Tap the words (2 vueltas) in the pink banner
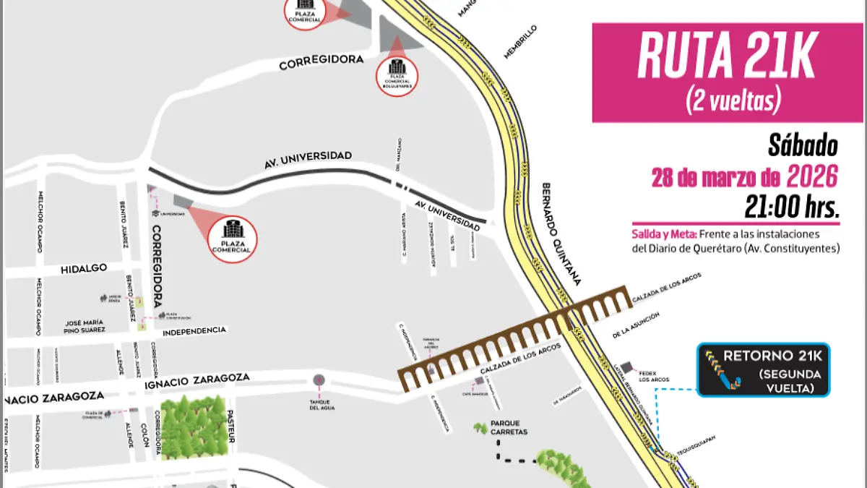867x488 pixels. (x=733, y=101)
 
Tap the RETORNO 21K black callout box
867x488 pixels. (x=764, y=370)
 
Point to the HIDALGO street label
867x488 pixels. (x=84, y=268)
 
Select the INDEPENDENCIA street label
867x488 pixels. (x=194, y=331)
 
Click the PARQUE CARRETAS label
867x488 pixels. (x=509, y=427)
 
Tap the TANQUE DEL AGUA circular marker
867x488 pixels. (x=319, y=380)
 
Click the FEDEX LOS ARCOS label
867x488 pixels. (x=653, y=376)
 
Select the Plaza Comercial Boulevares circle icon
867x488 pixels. (x=396, y=72)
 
